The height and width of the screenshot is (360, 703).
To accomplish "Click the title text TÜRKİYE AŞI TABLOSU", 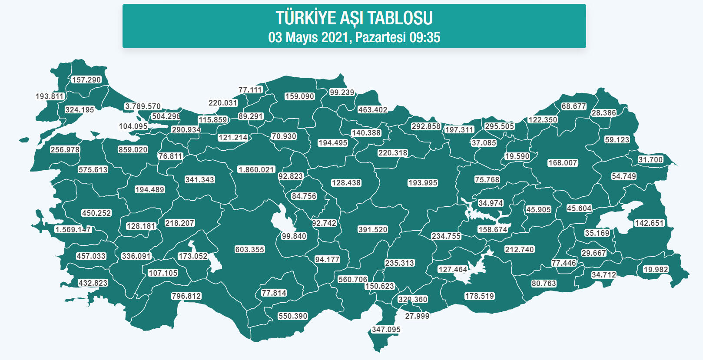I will (x=354, y=18).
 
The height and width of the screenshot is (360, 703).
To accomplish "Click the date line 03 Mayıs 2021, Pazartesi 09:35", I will (x=354, y=37).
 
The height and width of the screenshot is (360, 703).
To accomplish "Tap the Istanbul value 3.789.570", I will (x=143, y=106).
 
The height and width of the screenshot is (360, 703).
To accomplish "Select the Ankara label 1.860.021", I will (x=256, y=170).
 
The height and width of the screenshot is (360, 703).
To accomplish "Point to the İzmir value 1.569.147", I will (x=73, y=230).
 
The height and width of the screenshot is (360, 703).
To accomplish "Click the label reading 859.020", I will (x=133, y=150).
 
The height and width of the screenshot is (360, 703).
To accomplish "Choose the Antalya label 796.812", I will (x=186, y=296).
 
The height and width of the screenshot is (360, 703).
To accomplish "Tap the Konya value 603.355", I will (x=250, y=250).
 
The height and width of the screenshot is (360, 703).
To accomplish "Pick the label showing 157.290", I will (x=86, y=80).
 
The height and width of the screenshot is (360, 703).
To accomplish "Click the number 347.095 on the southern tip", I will (x=386, y=330).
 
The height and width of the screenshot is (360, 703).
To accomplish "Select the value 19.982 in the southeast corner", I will (x=656, y=270).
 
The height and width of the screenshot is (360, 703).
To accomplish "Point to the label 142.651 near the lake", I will (x=649, y=223).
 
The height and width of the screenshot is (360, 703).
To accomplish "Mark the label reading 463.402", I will (x=373, y=110).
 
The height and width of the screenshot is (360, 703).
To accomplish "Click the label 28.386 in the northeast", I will (x=604, y=113).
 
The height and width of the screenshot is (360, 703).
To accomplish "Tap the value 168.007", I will (x=563, y=163).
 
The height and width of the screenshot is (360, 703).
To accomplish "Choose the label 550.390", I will (x=293, y=316).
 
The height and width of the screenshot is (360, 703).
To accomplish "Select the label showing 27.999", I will (x=417, y=316).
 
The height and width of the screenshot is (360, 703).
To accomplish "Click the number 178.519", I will (x=480, y=296).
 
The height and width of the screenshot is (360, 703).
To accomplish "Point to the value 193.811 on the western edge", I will (x=50, y=96).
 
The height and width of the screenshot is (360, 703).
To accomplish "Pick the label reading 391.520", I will (x=373, y=230).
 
